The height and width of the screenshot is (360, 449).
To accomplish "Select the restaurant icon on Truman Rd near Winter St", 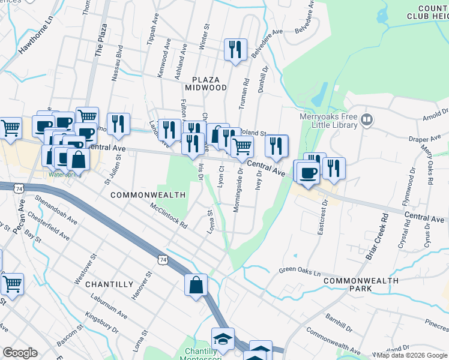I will coord(235,49).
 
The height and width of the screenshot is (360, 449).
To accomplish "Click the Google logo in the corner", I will coord(20,353).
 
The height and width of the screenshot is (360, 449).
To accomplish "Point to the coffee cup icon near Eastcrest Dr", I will coord(308,173).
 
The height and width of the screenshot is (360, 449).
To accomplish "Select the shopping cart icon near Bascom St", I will coord(11,284).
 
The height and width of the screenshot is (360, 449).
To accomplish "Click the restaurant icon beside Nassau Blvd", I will coord(118,124).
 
